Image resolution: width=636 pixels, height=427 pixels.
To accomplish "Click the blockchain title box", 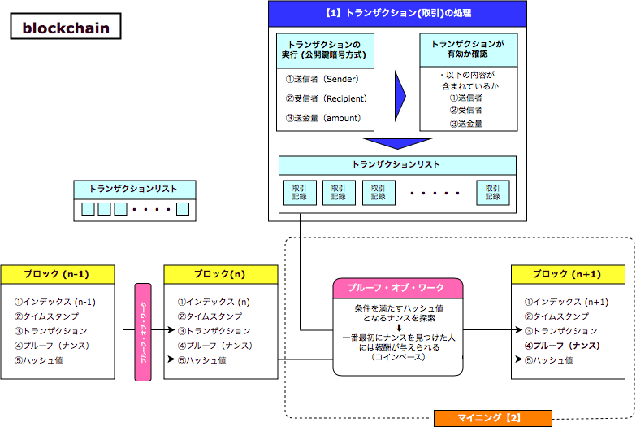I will (x=65, y=28).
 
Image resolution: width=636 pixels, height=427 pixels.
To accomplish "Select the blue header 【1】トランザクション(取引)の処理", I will (x=397, y=13).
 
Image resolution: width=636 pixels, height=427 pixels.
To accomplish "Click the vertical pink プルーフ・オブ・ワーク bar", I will (x=143, y=331).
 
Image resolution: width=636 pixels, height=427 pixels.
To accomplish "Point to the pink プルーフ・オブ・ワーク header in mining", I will (x=397, y=289).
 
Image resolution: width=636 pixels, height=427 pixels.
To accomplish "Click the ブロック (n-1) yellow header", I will (x=57, y=274).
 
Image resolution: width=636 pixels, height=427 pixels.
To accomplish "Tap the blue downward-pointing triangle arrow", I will (x=397, y=143).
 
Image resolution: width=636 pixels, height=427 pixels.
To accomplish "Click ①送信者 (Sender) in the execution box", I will (x=322, y=79).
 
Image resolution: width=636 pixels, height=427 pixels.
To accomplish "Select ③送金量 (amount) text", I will (x=322, y=118).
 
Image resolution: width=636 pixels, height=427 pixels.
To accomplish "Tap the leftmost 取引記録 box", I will (x=300, y=191).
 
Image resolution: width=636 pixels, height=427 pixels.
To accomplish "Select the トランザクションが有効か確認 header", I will (x=468, y=49).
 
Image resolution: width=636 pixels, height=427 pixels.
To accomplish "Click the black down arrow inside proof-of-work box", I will (x=397, y=328).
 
